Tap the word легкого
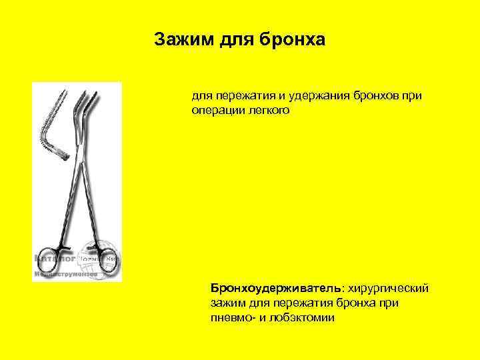pyautogui.click(x=271, y=109)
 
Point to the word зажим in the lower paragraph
pyautogui.click(x=227, y=303)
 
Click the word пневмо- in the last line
pyautogui.click(x=231, y=317)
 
